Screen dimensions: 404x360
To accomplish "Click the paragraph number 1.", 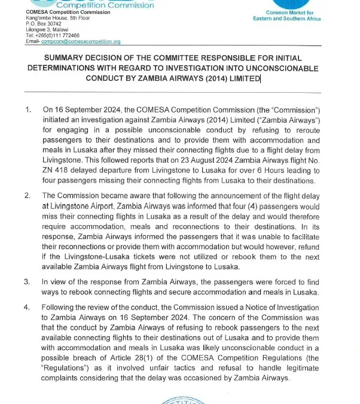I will click(28, 110).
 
